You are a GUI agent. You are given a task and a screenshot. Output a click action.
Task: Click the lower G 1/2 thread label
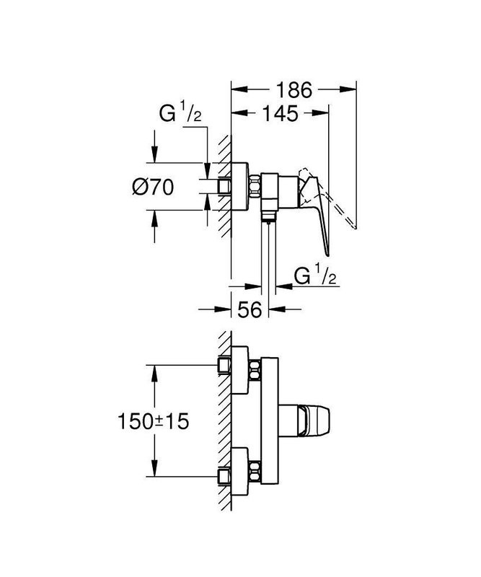[315, 275]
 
